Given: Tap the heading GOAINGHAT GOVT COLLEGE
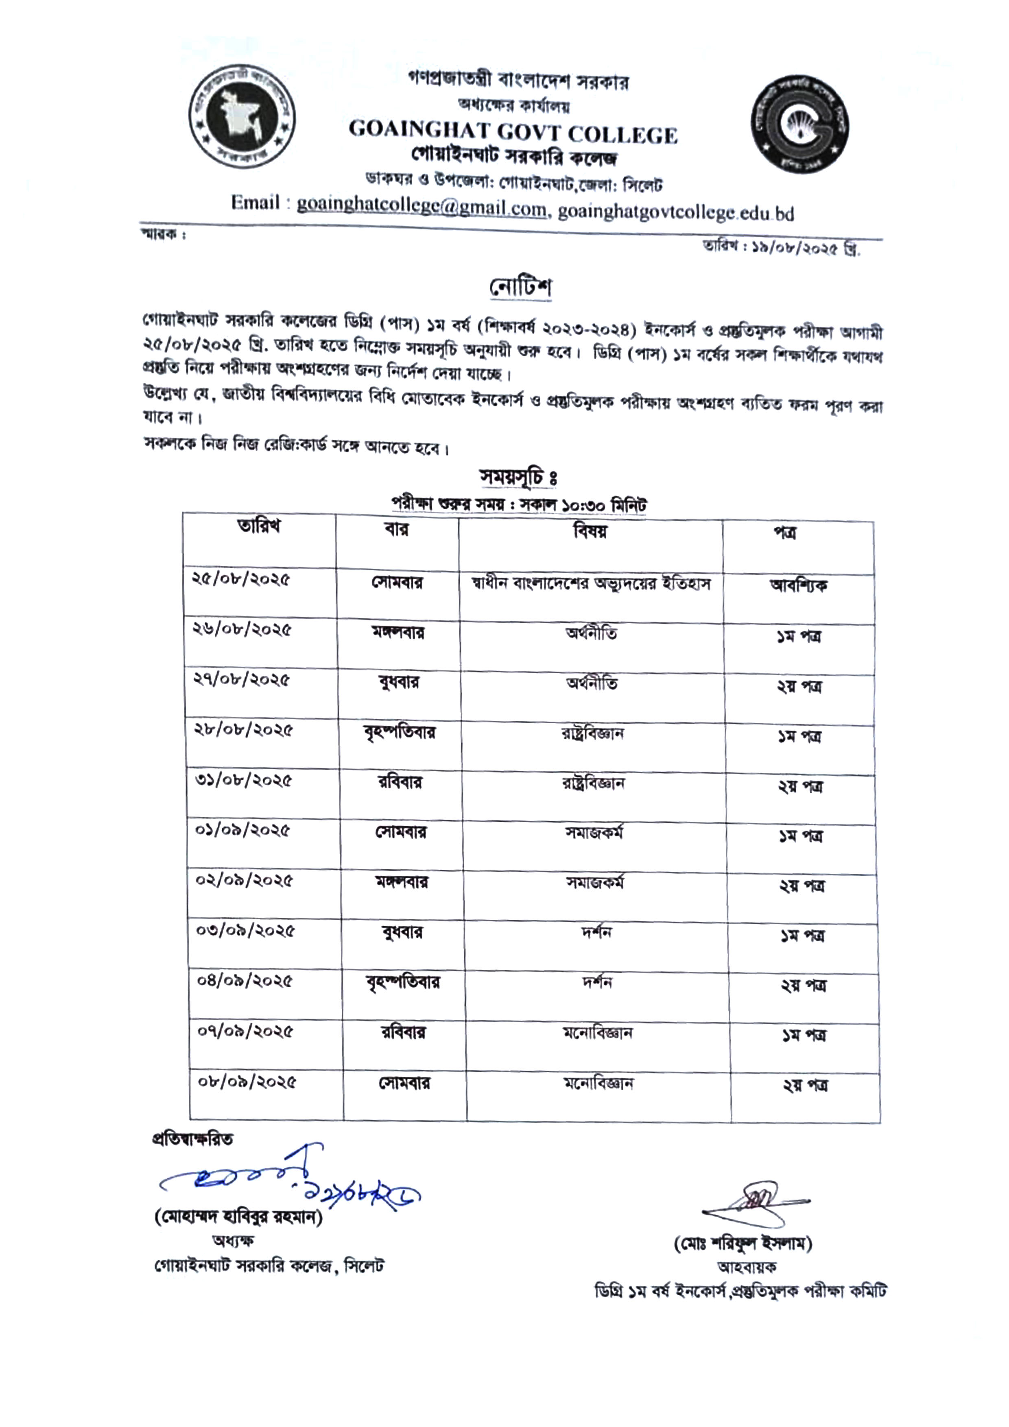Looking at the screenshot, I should [x=513, y=132].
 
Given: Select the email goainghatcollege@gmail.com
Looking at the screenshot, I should [x=421, y=205].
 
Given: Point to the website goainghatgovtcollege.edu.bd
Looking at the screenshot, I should [x=676, y=213].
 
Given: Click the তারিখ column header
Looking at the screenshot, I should [x=259, y=527].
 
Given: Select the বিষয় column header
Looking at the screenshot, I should [x=590, y=531].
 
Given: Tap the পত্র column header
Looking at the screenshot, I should [x=784, y=533].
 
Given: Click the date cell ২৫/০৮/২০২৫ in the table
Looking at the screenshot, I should [x=241, y=580].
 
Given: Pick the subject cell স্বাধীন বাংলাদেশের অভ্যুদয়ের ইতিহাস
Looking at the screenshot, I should [x=591, y=584].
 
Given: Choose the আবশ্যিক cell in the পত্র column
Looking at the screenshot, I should [x=798, y=585].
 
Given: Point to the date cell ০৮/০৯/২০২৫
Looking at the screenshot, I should [x=247, y=1082].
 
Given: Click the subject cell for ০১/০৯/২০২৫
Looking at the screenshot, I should [x=594, y=833].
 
